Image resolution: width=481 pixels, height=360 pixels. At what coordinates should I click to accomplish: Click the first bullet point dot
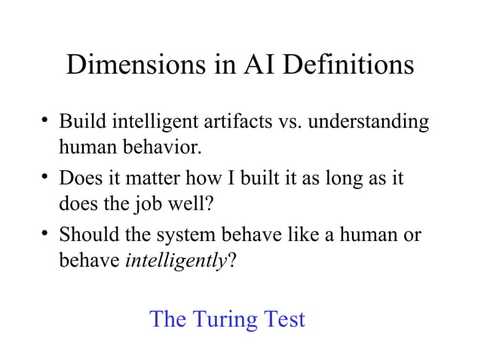tap(47, 121)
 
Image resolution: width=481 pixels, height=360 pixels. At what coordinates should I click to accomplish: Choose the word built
tap(265, 181)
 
